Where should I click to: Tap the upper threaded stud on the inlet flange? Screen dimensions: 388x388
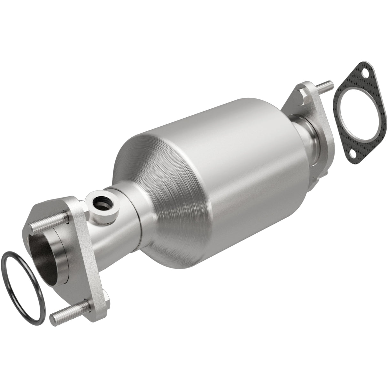[x=48, y=222]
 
